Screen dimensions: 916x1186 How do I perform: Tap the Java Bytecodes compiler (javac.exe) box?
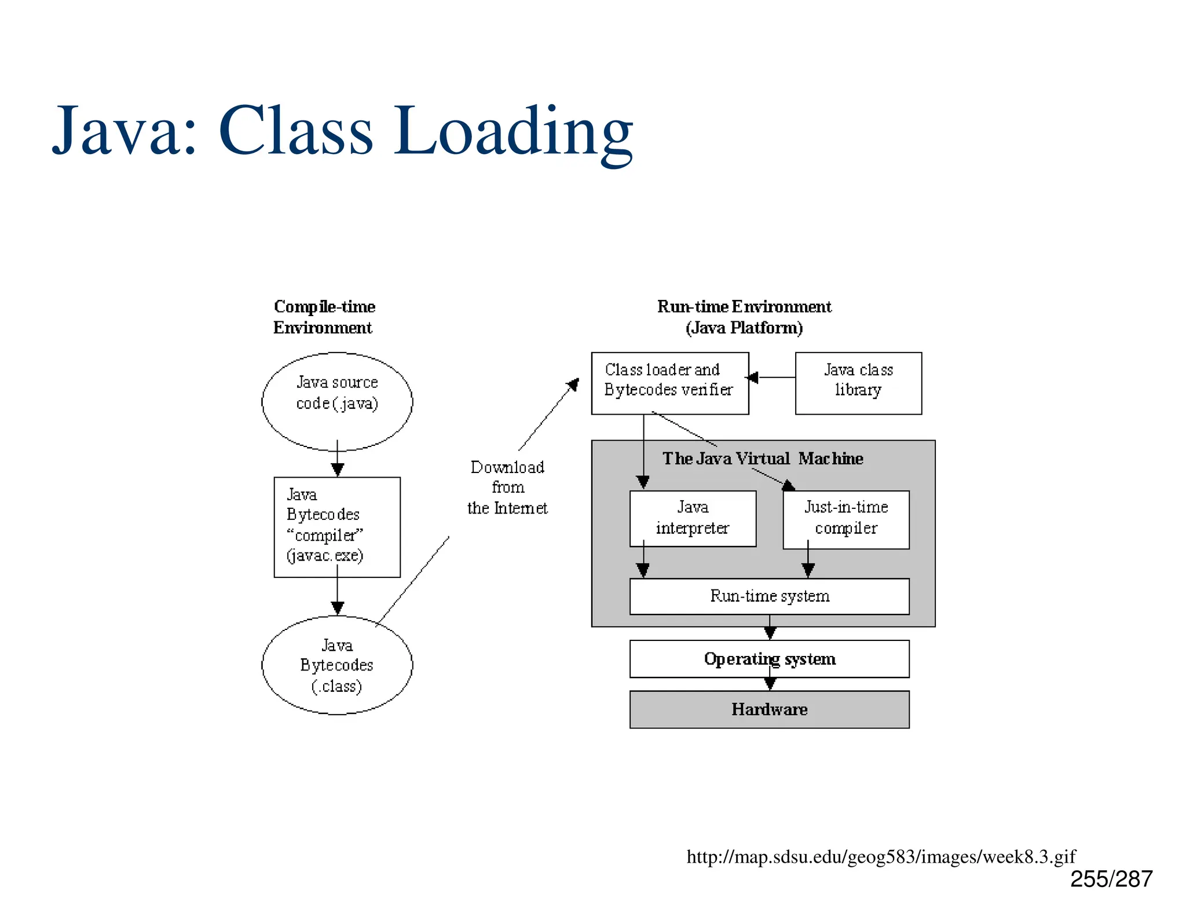coord(337,526)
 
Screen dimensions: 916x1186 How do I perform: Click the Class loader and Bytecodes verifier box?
coord(669,383)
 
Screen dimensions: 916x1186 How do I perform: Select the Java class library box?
coord(858,383)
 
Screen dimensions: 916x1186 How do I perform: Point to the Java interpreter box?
coord(693,518)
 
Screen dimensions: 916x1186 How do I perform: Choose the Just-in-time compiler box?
coord(845,519)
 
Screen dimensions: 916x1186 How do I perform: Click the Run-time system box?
coord(769,596)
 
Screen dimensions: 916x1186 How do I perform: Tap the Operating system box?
coord(769,658)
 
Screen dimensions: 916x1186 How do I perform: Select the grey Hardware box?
coord(769,709)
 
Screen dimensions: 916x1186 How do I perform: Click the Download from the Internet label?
coord(507,488)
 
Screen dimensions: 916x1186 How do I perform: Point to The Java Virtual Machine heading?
coord(762,459)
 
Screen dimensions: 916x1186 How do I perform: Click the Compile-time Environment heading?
coord(324,317)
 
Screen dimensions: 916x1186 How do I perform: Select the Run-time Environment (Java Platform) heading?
coord(744,317)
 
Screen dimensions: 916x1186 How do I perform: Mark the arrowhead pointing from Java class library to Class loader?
coord(752,378)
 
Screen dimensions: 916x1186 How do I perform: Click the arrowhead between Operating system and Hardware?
coord(770,684)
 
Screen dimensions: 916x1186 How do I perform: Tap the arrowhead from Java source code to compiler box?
coord(338,469)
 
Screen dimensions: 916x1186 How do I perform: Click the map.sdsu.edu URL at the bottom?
coord(880,856)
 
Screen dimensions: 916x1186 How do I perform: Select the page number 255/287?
coord(1111,879)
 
